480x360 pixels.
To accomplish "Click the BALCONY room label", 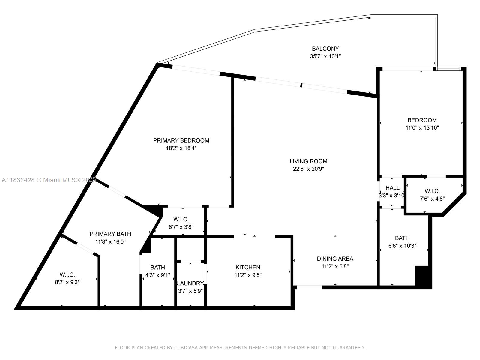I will coord(325,49).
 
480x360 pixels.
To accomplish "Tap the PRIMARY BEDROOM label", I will coord(181,140).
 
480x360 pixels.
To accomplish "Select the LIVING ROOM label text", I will coord(308,161).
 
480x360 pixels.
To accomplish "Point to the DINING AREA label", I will coord(335,259).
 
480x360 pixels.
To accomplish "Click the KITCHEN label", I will coord(248,267).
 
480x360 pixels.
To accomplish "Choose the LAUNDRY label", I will coord(190,283).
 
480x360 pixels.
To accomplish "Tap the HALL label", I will coord(392,188).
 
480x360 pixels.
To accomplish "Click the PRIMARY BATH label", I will coord(110,234).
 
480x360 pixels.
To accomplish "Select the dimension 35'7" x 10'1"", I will coord(325,56).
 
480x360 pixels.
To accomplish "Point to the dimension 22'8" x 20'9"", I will coord(308,169).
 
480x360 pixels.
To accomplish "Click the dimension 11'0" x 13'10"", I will coord(422,127).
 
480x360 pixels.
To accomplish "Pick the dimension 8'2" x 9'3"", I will coord(67,282).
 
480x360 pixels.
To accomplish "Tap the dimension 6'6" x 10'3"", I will coord(402,246).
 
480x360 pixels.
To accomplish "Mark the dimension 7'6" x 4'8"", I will coord(432,199).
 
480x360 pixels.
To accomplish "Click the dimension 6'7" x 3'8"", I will coord(181,227).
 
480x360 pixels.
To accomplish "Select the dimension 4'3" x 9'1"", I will coord(158,275).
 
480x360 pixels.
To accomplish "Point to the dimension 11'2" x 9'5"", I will coord(248,275).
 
